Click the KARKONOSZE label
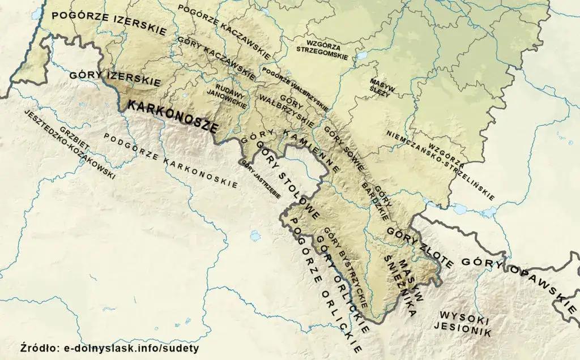[x=172, y=116]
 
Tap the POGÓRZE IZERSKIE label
[x=109, y=22]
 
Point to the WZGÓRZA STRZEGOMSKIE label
[x=321, y=46]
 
